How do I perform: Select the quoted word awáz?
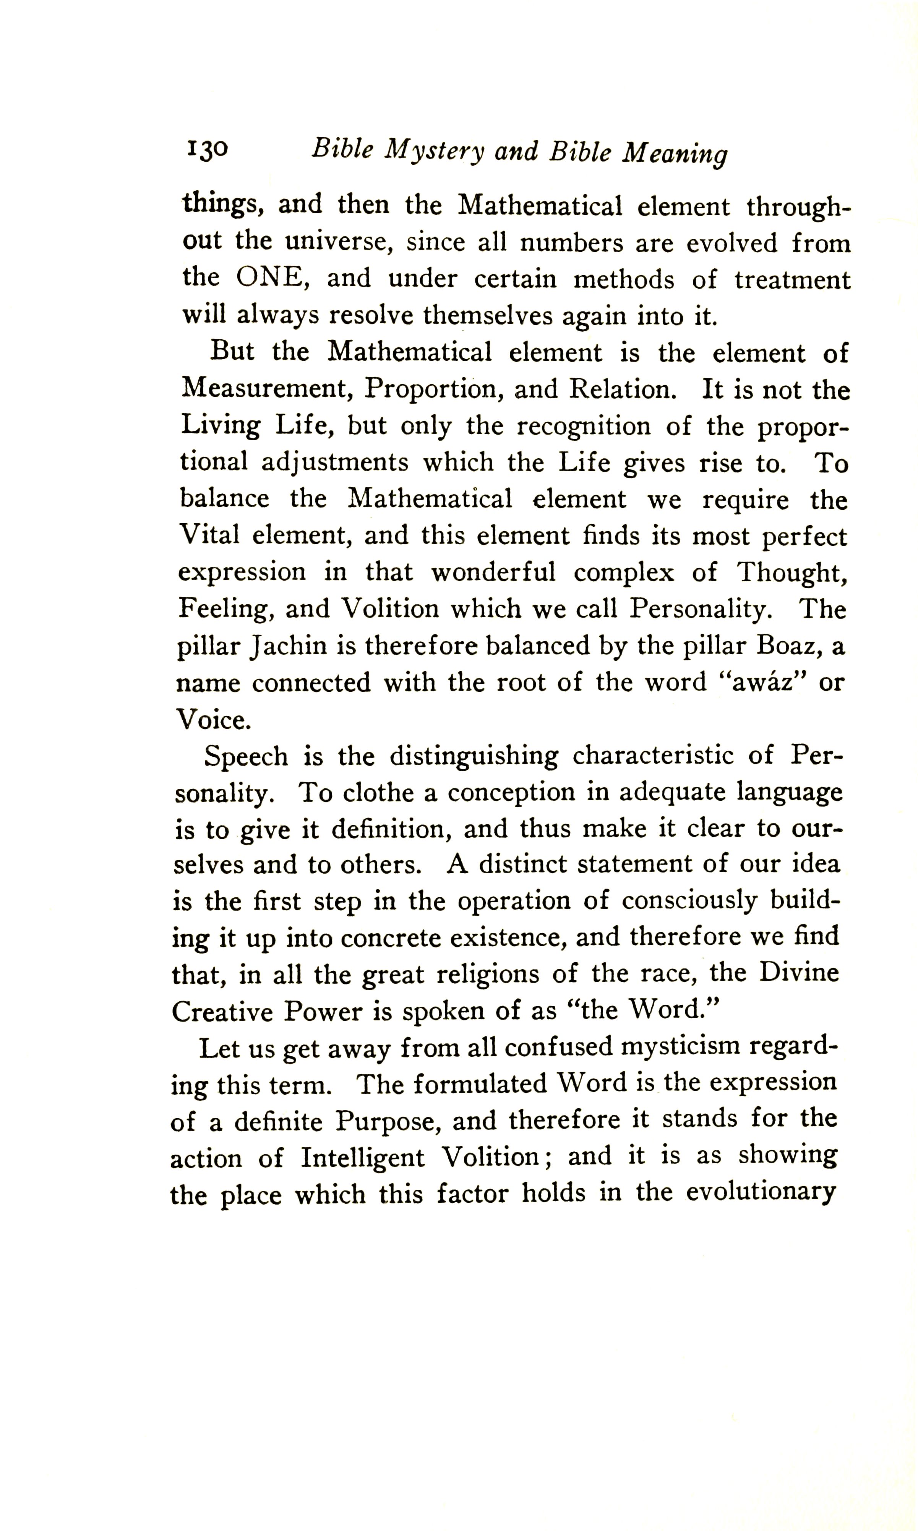pos(759,682)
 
